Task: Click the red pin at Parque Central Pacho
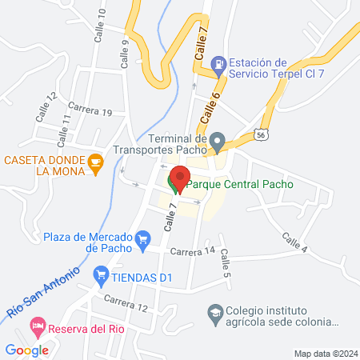[x=180, y=178]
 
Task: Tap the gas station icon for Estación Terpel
[x=217, y=63]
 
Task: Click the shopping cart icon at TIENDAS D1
[x=101, y=277]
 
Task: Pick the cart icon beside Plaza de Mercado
[x=143, y=238]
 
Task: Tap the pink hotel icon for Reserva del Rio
[x=36, y=326]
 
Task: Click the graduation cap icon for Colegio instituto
[x=215, y=312]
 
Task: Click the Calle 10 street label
[x=102, y=28]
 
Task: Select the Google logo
[x=26, y=350]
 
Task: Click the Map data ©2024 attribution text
[x=324, y=353]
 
